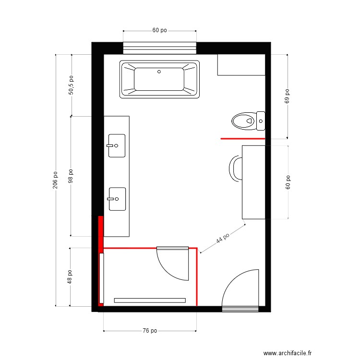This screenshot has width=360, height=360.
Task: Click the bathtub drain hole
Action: pyautogui.click(x=159, y=72)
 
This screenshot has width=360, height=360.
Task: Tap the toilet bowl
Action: pyautogui.click(x=244, y=121)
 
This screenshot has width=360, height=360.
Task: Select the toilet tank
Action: pyautogui.click(x=261, y=121)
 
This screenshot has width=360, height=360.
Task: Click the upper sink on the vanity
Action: pyautogui.click(x=117, y=146)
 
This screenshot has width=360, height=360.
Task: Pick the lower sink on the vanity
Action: pyautogui.click(x=117, y=199)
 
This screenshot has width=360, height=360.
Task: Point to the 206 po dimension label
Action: pyautogui.click(x=55, y=180)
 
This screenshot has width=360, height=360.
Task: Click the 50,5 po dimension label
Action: pyautogui.click(x=71, y=85)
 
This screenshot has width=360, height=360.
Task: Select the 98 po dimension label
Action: pyautogui.click(x=71, y=176)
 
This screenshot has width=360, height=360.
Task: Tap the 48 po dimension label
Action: pyautogui.click(x=70, y=277)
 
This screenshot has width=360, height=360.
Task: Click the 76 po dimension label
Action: pyautogui.click(x=150, y=331)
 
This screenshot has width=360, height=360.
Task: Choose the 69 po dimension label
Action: pyautogui.click(x=287, y=96)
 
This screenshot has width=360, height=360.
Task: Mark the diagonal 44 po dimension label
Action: pyautogui.click(x=223, y=238)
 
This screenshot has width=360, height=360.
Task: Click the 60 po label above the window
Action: pyautogui.click(x=159, y=30)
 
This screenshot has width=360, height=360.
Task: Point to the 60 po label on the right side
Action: pyautogui.click(x=288, y=182)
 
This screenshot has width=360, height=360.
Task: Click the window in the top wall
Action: pyautogui.click(x=160, y=48)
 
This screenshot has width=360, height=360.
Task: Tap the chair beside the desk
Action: pyautogui.click(x=236, y=169)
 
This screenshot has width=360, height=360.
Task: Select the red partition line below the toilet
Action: pyautogui.click(x=243, y=139)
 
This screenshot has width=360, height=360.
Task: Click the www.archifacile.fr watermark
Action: pyautogui.click(x=288, y=353)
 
